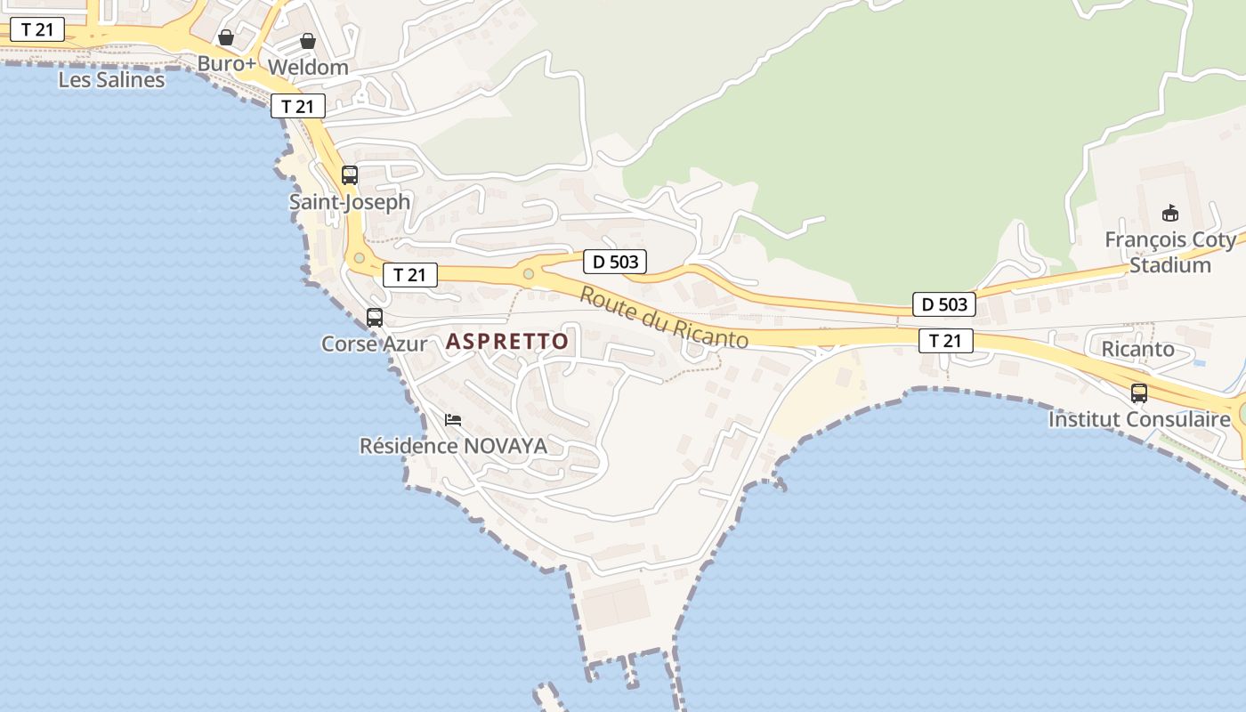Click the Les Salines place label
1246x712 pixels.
[111, 80]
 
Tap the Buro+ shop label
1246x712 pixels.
[227, 64]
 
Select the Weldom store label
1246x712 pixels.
[308, 67]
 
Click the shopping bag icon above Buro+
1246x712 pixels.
[226, 37]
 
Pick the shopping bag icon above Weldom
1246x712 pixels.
[308, 41]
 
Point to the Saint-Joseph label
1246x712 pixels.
[350, 202]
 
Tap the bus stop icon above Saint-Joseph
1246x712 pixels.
[350, 175]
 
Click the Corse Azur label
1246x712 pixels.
[374, 344]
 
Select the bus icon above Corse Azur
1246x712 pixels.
[375, 318]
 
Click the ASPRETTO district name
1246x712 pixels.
[507, 341]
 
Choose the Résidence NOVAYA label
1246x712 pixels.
[453, 446]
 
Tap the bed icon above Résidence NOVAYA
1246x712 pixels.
[453, 420]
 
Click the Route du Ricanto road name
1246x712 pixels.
[664, 318]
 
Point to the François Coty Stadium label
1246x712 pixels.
[1170, 253]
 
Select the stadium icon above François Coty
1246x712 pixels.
[1170, 214]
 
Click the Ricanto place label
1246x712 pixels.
[1138, 349]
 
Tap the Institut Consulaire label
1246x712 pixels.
[1139, 419]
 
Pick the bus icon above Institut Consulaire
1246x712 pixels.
[1139, 393]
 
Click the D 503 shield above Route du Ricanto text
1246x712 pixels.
[615, 262]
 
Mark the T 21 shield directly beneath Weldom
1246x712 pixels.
[298, 107]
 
